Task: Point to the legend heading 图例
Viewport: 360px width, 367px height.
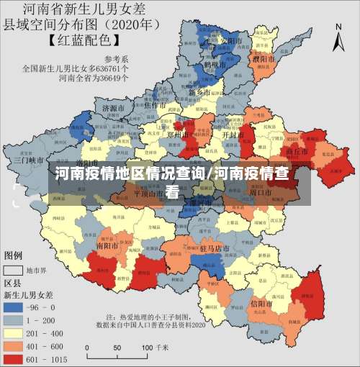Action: pyautogui.click(x=14, y=255)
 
